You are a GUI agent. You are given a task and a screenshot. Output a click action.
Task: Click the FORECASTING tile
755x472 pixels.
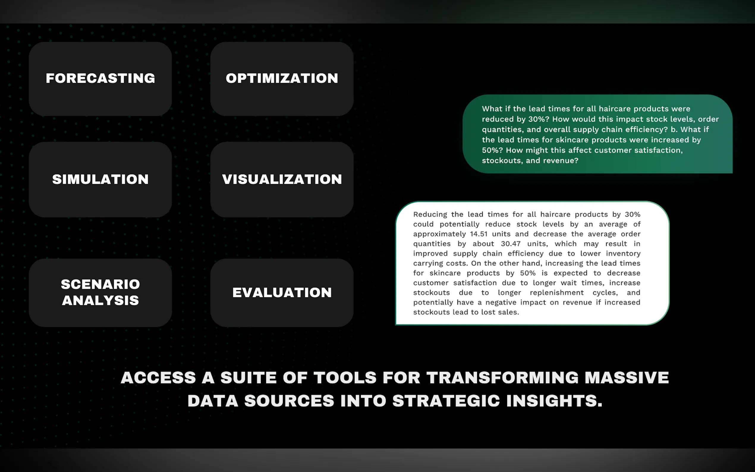100,79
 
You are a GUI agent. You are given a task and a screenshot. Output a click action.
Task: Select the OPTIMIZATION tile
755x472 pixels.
282,79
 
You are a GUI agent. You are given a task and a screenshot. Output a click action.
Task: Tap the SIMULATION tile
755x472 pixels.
100,180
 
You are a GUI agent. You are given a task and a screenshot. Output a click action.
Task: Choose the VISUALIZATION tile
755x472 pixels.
282,180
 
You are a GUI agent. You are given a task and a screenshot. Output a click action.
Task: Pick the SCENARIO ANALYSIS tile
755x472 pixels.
100,292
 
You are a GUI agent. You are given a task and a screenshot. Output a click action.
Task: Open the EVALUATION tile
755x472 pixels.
282,292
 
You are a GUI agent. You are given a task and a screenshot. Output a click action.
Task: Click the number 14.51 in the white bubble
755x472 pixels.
479,234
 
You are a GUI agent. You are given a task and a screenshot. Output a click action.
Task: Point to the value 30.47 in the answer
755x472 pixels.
511,244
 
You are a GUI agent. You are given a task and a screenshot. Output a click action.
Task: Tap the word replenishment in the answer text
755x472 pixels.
556,293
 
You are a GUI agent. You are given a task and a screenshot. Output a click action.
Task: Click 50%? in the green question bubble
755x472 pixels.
493,150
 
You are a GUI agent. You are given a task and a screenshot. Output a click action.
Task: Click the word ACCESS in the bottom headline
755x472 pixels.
158,378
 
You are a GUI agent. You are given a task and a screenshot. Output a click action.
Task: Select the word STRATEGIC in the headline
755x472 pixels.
446,401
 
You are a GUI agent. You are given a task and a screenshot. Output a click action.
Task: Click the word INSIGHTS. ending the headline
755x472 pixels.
554,401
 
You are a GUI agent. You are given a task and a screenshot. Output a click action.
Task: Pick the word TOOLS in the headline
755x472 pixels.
345,378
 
